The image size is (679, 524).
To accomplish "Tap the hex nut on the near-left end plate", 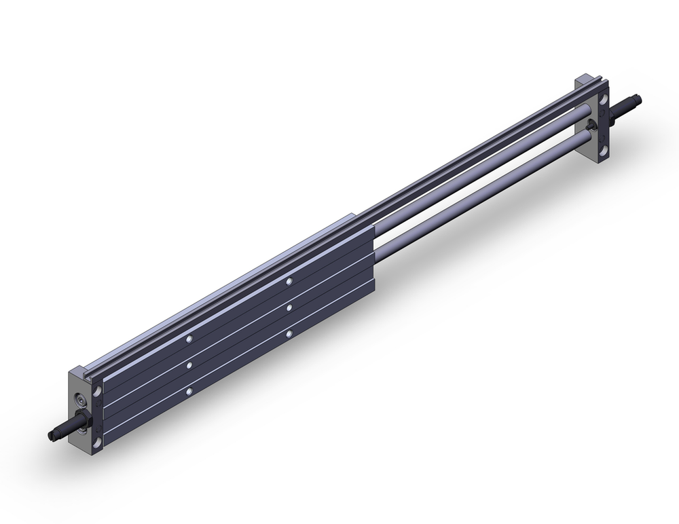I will pos(80,420).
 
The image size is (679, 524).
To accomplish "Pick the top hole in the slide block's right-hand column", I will pos(289,281).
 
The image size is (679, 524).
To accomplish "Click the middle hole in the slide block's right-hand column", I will pos(289,307).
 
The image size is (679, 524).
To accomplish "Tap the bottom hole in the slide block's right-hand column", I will pos(289,333).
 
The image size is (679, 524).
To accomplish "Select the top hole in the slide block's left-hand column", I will pos(189,339).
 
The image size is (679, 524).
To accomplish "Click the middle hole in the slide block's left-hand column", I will pos(189,365).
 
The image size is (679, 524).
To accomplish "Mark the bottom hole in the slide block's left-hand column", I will pos(189,392).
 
